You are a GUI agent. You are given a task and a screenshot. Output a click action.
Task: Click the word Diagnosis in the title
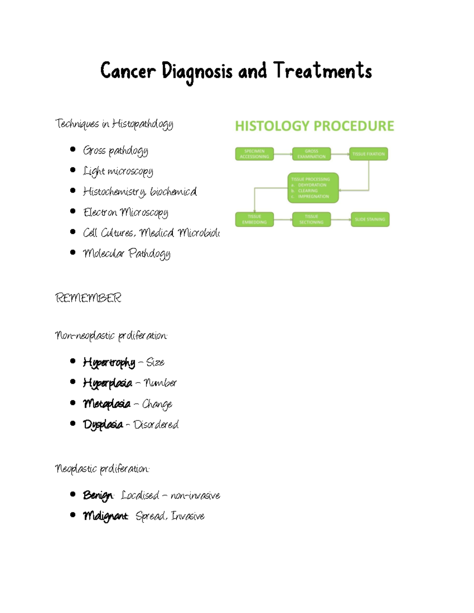197,72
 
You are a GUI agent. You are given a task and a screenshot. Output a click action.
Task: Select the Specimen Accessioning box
254,154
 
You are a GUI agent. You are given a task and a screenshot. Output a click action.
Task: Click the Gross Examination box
311,154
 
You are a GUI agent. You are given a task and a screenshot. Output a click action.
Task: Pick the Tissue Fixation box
369,154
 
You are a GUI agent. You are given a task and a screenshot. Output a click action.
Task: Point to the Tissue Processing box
313,188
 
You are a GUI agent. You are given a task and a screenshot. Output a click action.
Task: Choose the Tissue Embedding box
254,219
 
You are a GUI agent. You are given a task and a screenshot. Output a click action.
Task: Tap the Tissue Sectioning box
311,219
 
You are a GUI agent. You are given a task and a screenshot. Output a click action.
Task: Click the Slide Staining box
370,219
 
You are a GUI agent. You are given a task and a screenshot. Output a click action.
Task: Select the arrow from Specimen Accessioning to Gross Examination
283,154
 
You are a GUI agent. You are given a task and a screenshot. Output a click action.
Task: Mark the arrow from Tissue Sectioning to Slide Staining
340,219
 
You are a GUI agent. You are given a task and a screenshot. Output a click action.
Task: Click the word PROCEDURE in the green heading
354,126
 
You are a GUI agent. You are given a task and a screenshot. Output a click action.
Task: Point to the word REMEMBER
88,298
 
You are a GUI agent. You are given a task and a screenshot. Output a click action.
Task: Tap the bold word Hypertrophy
109,362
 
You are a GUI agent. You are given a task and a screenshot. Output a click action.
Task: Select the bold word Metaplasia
107,404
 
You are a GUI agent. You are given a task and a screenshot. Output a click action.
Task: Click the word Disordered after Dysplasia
156,425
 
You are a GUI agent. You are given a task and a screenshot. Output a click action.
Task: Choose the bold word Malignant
105,516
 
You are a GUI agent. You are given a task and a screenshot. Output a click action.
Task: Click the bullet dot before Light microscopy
73,170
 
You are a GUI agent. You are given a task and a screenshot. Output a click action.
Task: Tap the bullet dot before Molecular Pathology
73,252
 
